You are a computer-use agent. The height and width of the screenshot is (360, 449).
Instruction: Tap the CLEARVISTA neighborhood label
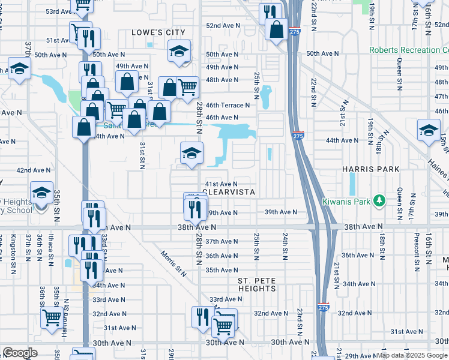click(x=230, y=193)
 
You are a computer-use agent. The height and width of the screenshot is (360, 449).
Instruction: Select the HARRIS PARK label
click(x=370, y=170)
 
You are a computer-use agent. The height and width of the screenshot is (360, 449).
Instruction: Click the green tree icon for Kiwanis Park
click(x=379, y=200)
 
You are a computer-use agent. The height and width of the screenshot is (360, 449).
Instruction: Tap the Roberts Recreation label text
click(x=408, y=50)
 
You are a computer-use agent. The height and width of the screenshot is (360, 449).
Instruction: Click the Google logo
click(x=20, y=353)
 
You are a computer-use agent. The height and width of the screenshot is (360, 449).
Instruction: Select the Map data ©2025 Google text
click(x=412, y=355)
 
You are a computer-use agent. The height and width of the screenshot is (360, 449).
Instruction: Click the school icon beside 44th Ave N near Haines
click(x=429, y=131)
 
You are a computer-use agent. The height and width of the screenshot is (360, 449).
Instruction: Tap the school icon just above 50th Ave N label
click(x=179, y=52)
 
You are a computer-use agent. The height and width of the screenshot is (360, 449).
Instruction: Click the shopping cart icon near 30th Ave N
click(x=223, y=326)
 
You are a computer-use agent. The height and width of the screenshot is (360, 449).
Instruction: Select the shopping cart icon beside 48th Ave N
click(x=188, y=86)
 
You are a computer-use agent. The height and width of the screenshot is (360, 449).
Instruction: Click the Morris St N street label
click(x=173, y=263)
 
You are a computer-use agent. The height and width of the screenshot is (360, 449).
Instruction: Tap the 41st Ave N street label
click(x=221, y=184)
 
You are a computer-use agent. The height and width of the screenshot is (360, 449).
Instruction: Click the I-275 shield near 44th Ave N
click(x=298, y=136)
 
